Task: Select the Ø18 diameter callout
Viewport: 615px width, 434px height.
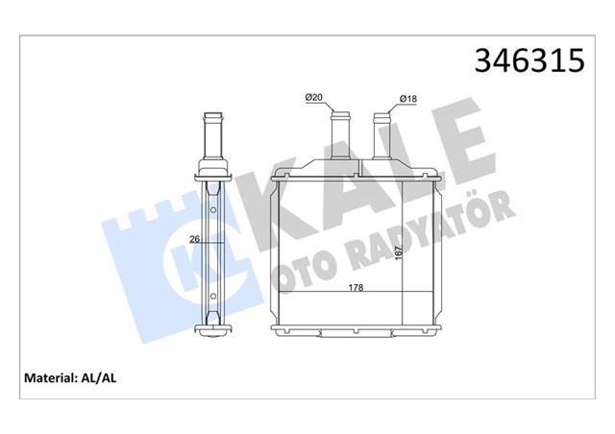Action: click(408, 97)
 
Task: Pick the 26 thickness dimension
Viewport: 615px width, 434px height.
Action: click(195, 240)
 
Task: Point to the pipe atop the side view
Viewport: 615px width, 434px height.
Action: click(212, 139)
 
